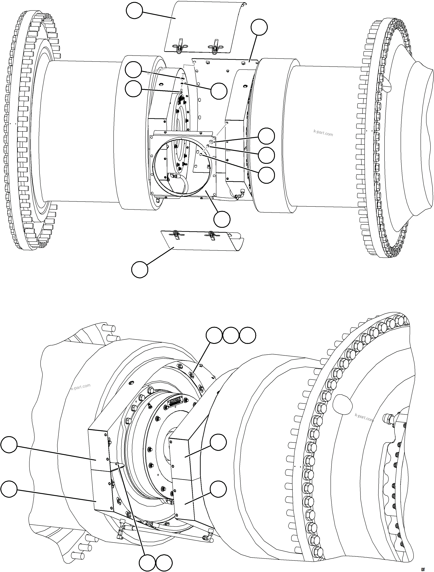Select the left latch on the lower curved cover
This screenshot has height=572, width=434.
pos(176,235)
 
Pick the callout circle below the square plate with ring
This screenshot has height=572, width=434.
pos(222,219)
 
